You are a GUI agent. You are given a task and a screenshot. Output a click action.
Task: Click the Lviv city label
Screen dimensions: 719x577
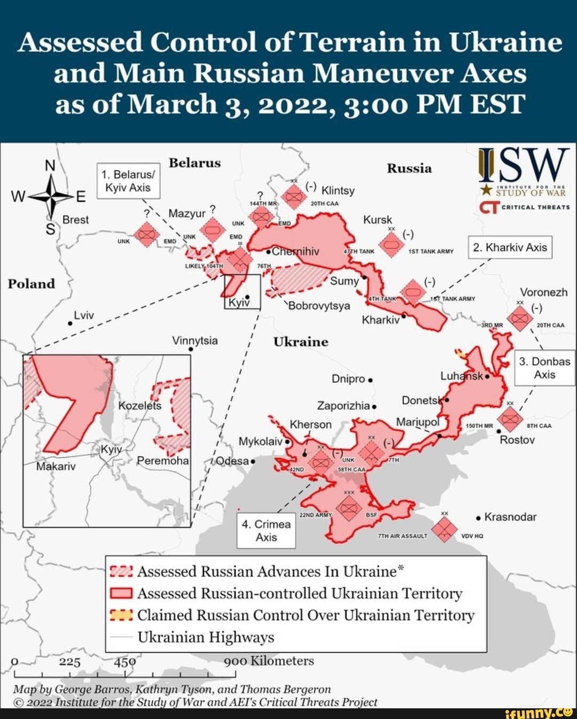pos(84,315)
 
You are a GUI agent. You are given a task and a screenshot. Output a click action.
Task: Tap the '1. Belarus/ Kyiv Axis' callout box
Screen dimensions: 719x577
pos(128,181)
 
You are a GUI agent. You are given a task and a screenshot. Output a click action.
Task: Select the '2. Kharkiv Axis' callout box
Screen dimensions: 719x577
pos(510,248)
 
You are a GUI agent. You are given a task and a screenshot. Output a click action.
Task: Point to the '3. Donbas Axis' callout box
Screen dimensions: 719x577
pos(544,368)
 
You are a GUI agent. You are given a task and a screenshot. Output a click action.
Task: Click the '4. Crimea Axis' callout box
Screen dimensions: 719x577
pos(266,531)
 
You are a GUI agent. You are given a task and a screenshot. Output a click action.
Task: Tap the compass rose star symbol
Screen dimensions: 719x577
pos(50,197)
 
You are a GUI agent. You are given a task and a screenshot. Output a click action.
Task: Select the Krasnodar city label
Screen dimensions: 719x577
pos(510,517)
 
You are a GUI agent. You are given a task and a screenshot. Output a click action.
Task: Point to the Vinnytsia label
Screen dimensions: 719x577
pos(195,341)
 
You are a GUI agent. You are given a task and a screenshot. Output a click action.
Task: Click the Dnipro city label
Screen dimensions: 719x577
pos(348,378)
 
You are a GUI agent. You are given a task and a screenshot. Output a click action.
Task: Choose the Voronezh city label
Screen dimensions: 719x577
pos(544,292)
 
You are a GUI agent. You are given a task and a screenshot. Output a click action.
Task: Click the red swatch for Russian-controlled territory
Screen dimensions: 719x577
pos(121,593)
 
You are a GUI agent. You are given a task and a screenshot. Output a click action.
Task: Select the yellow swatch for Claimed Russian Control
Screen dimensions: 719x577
pos(121,615)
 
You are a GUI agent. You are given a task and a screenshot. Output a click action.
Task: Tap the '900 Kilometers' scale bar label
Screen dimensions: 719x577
pos(269,661)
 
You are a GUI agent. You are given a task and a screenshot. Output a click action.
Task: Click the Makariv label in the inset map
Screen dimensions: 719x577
pos(56,466)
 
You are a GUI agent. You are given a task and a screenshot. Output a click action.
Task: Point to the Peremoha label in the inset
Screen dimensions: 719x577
pos(162,461)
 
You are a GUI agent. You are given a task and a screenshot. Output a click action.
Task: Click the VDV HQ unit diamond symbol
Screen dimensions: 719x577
pos(444,529)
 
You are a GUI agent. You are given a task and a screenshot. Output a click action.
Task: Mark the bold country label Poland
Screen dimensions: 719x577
pos(31,283)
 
